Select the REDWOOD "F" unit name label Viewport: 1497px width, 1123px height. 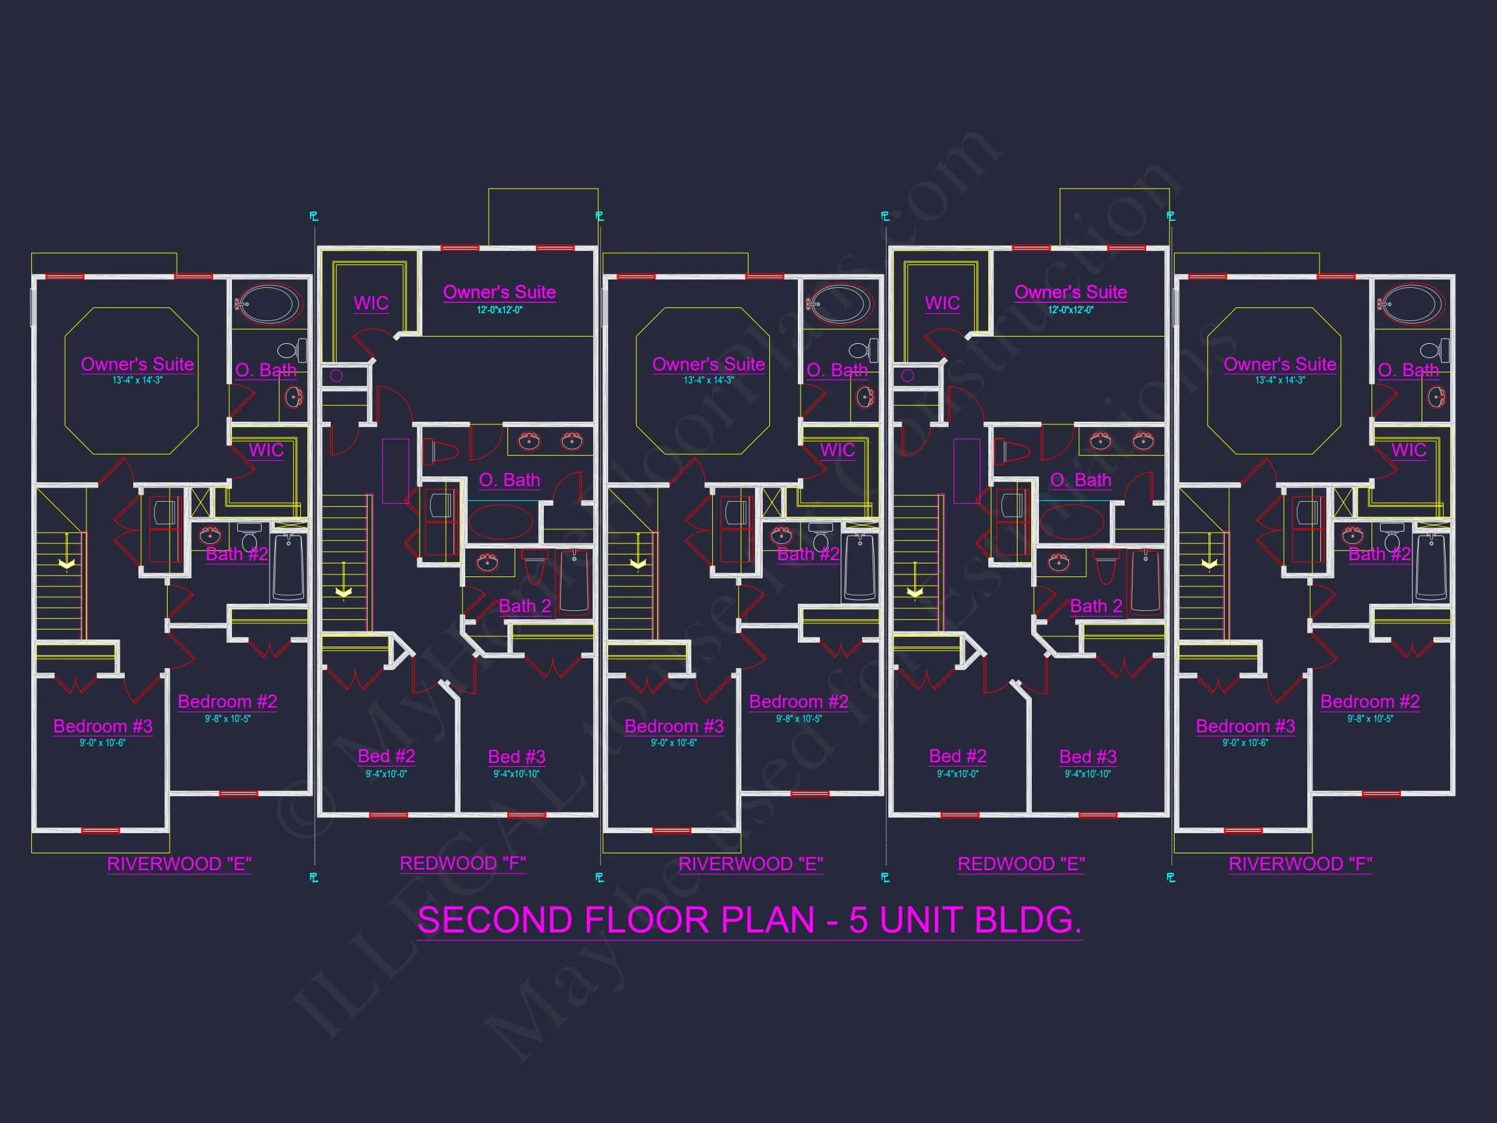(462, 863)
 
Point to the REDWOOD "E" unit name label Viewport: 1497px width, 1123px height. (1021, 864)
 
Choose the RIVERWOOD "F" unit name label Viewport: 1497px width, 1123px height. (1300, 864)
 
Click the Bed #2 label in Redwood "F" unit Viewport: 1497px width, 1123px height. (386, 755)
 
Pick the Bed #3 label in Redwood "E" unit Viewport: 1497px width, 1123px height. (1088, 756)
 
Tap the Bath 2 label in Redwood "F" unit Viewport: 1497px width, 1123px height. (524, 606)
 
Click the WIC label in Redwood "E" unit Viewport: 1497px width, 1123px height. (942, 303)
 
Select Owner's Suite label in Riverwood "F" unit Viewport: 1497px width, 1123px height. (1280, 364)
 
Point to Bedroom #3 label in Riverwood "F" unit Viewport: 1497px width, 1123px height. (1246, 726)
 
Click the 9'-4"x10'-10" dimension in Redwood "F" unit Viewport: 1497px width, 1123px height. (517, 774)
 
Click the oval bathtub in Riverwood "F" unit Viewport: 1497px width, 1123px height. (1411, 304)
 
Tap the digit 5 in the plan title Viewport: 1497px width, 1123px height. (858, 920)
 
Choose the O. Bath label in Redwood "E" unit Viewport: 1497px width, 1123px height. (1080, 480)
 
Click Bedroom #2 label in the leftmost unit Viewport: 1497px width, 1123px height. (227, 701)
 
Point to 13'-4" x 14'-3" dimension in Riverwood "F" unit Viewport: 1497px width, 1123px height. (1280, 380)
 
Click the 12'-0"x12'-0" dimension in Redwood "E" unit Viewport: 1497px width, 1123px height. (1071, 310)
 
